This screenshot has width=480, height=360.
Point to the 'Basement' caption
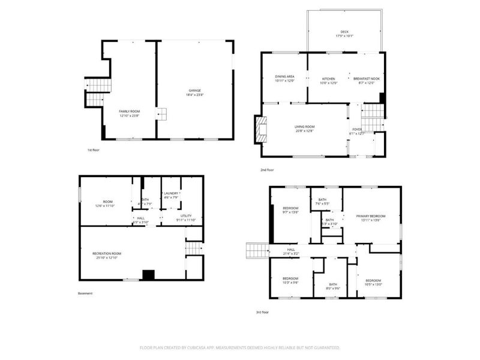86,293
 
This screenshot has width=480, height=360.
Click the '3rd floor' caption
263,312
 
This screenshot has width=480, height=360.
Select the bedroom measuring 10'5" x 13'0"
373,282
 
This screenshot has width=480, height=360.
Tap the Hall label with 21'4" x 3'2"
291,251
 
